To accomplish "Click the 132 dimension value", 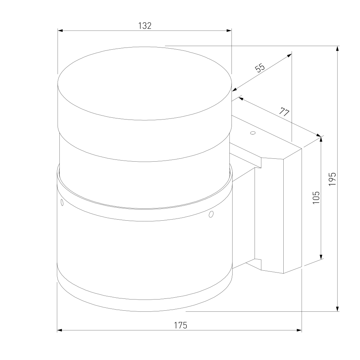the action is pos(145,26).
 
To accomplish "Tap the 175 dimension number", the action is pos(180,325).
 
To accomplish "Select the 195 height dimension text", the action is pos(332,179).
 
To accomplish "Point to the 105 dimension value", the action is pos(316,197).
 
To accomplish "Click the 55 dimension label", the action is pos(260,68).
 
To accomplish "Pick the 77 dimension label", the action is pos(284,112).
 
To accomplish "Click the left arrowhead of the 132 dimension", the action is pos(60,30).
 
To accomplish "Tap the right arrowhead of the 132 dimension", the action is pos(229,30).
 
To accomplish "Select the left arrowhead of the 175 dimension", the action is pos(60,330).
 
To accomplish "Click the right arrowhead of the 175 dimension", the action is pos(299,330).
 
